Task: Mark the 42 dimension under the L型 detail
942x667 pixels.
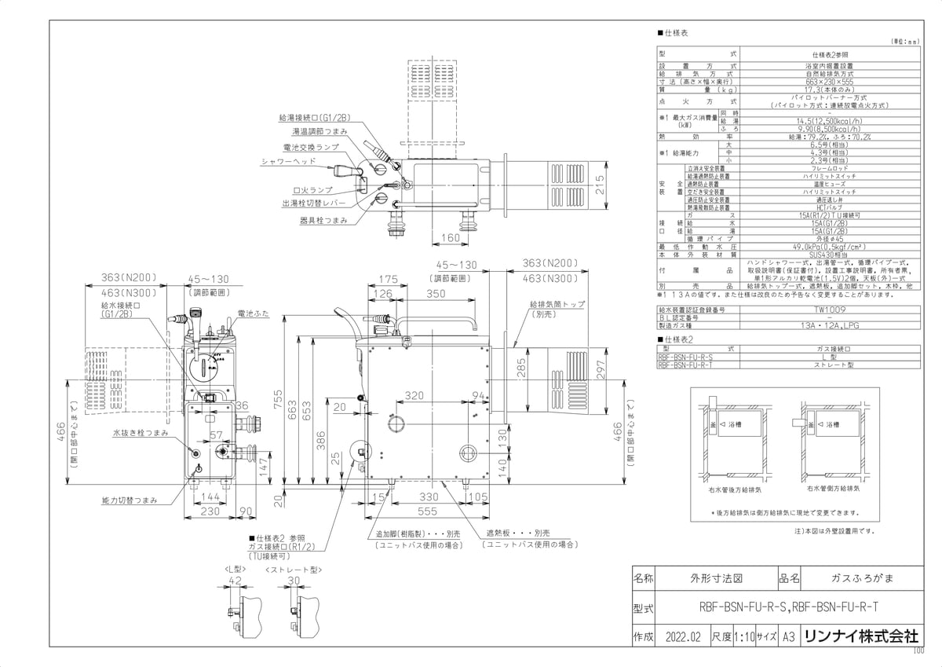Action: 234,581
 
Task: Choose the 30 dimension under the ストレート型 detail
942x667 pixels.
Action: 293,581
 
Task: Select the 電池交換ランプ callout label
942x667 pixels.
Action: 311,147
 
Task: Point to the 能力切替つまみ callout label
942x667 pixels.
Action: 130,500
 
